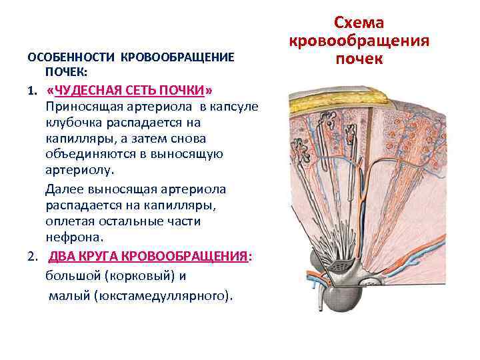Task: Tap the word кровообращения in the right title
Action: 359,41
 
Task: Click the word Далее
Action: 63,189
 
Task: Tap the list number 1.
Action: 31,90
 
